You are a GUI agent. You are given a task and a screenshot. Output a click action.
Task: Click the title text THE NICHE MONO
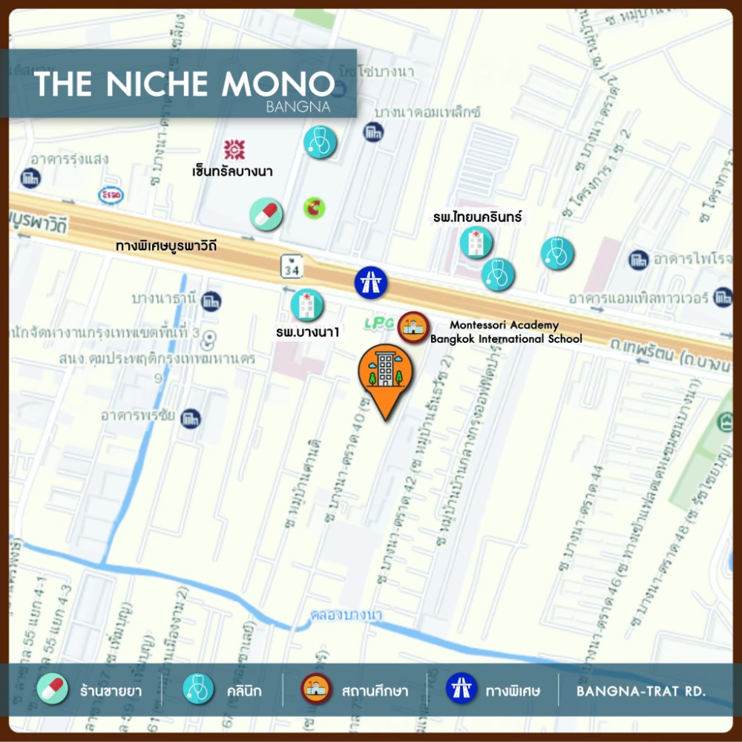(x=184, y=83)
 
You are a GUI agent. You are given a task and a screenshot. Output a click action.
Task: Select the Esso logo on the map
(x=111, y=195)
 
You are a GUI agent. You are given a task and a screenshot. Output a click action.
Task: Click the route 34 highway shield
(x=291, y=267)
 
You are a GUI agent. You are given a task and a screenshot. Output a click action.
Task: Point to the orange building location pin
(x=386, y=378)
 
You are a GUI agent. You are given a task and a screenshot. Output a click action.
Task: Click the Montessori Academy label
(x=505, y=325)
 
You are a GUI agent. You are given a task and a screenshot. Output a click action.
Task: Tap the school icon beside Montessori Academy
(x=412, y=328)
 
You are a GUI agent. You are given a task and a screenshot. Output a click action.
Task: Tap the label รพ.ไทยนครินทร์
(x=479, y=217)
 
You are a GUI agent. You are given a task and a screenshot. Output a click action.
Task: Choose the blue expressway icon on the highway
(x=369, y=281)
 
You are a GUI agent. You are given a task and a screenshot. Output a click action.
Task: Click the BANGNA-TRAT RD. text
(x=641, y=692)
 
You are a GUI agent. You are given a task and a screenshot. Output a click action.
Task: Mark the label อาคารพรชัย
(x=138, y=416)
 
